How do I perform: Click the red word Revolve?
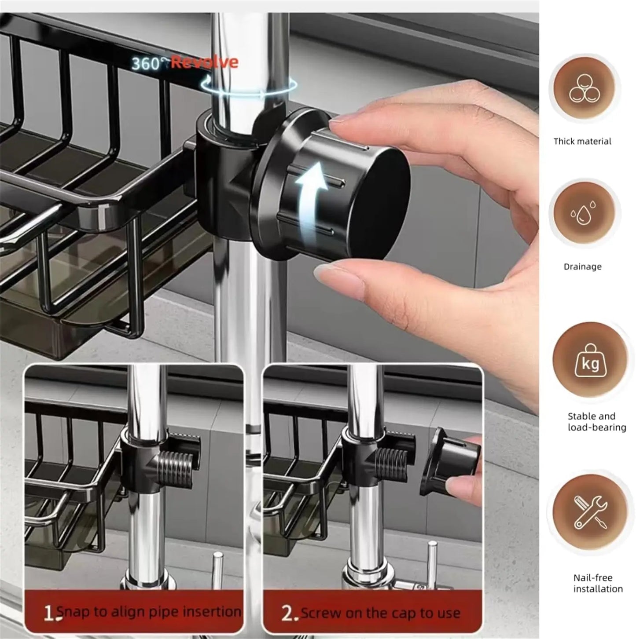(205, 62)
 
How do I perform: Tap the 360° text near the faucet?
(150, 63)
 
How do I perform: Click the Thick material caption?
(582, 142)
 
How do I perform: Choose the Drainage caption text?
(583, 267)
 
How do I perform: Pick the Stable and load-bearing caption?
(596, 421)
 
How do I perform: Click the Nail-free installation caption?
(598, 583)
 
